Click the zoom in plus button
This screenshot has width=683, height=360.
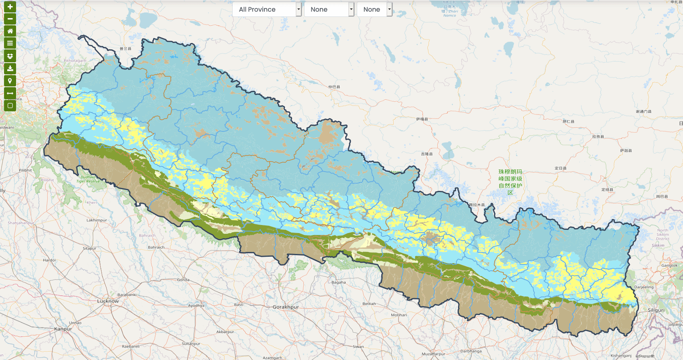coord(10,6)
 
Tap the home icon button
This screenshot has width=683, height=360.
coord(10,31)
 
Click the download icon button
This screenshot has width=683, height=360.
coord(10,68)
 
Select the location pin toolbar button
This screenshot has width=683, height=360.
coord(10,81)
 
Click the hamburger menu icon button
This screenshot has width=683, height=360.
coord(10,43)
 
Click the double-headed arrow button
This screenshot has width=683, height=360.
coord(10,93)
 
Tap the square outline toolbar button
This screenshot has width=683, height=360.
coord(10,106)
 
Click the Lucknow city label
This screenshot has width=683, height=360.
coord(108,301)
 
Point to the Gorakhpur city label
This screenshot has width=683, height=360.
coord(286,307)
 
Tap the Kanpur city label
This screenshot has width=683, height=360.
coord(63,329)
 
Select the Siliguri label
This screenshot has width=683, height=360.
coord(656,310)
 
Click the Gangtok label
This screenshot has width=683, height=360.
coord(669,266)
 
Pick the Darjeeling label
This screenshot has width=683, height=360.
coord(644,287)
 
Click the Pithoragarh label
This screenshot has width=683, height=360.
coord(75,61)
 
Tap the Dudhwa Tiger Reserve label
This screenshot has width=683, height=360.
coord(88,179)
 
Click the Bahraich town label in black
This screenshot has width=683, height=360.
coord(156,247)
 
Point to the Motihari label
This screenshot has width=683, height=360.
coord(399,315)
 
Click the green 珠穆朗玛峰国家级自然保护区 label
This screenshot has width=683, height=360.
coord(510,182)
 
